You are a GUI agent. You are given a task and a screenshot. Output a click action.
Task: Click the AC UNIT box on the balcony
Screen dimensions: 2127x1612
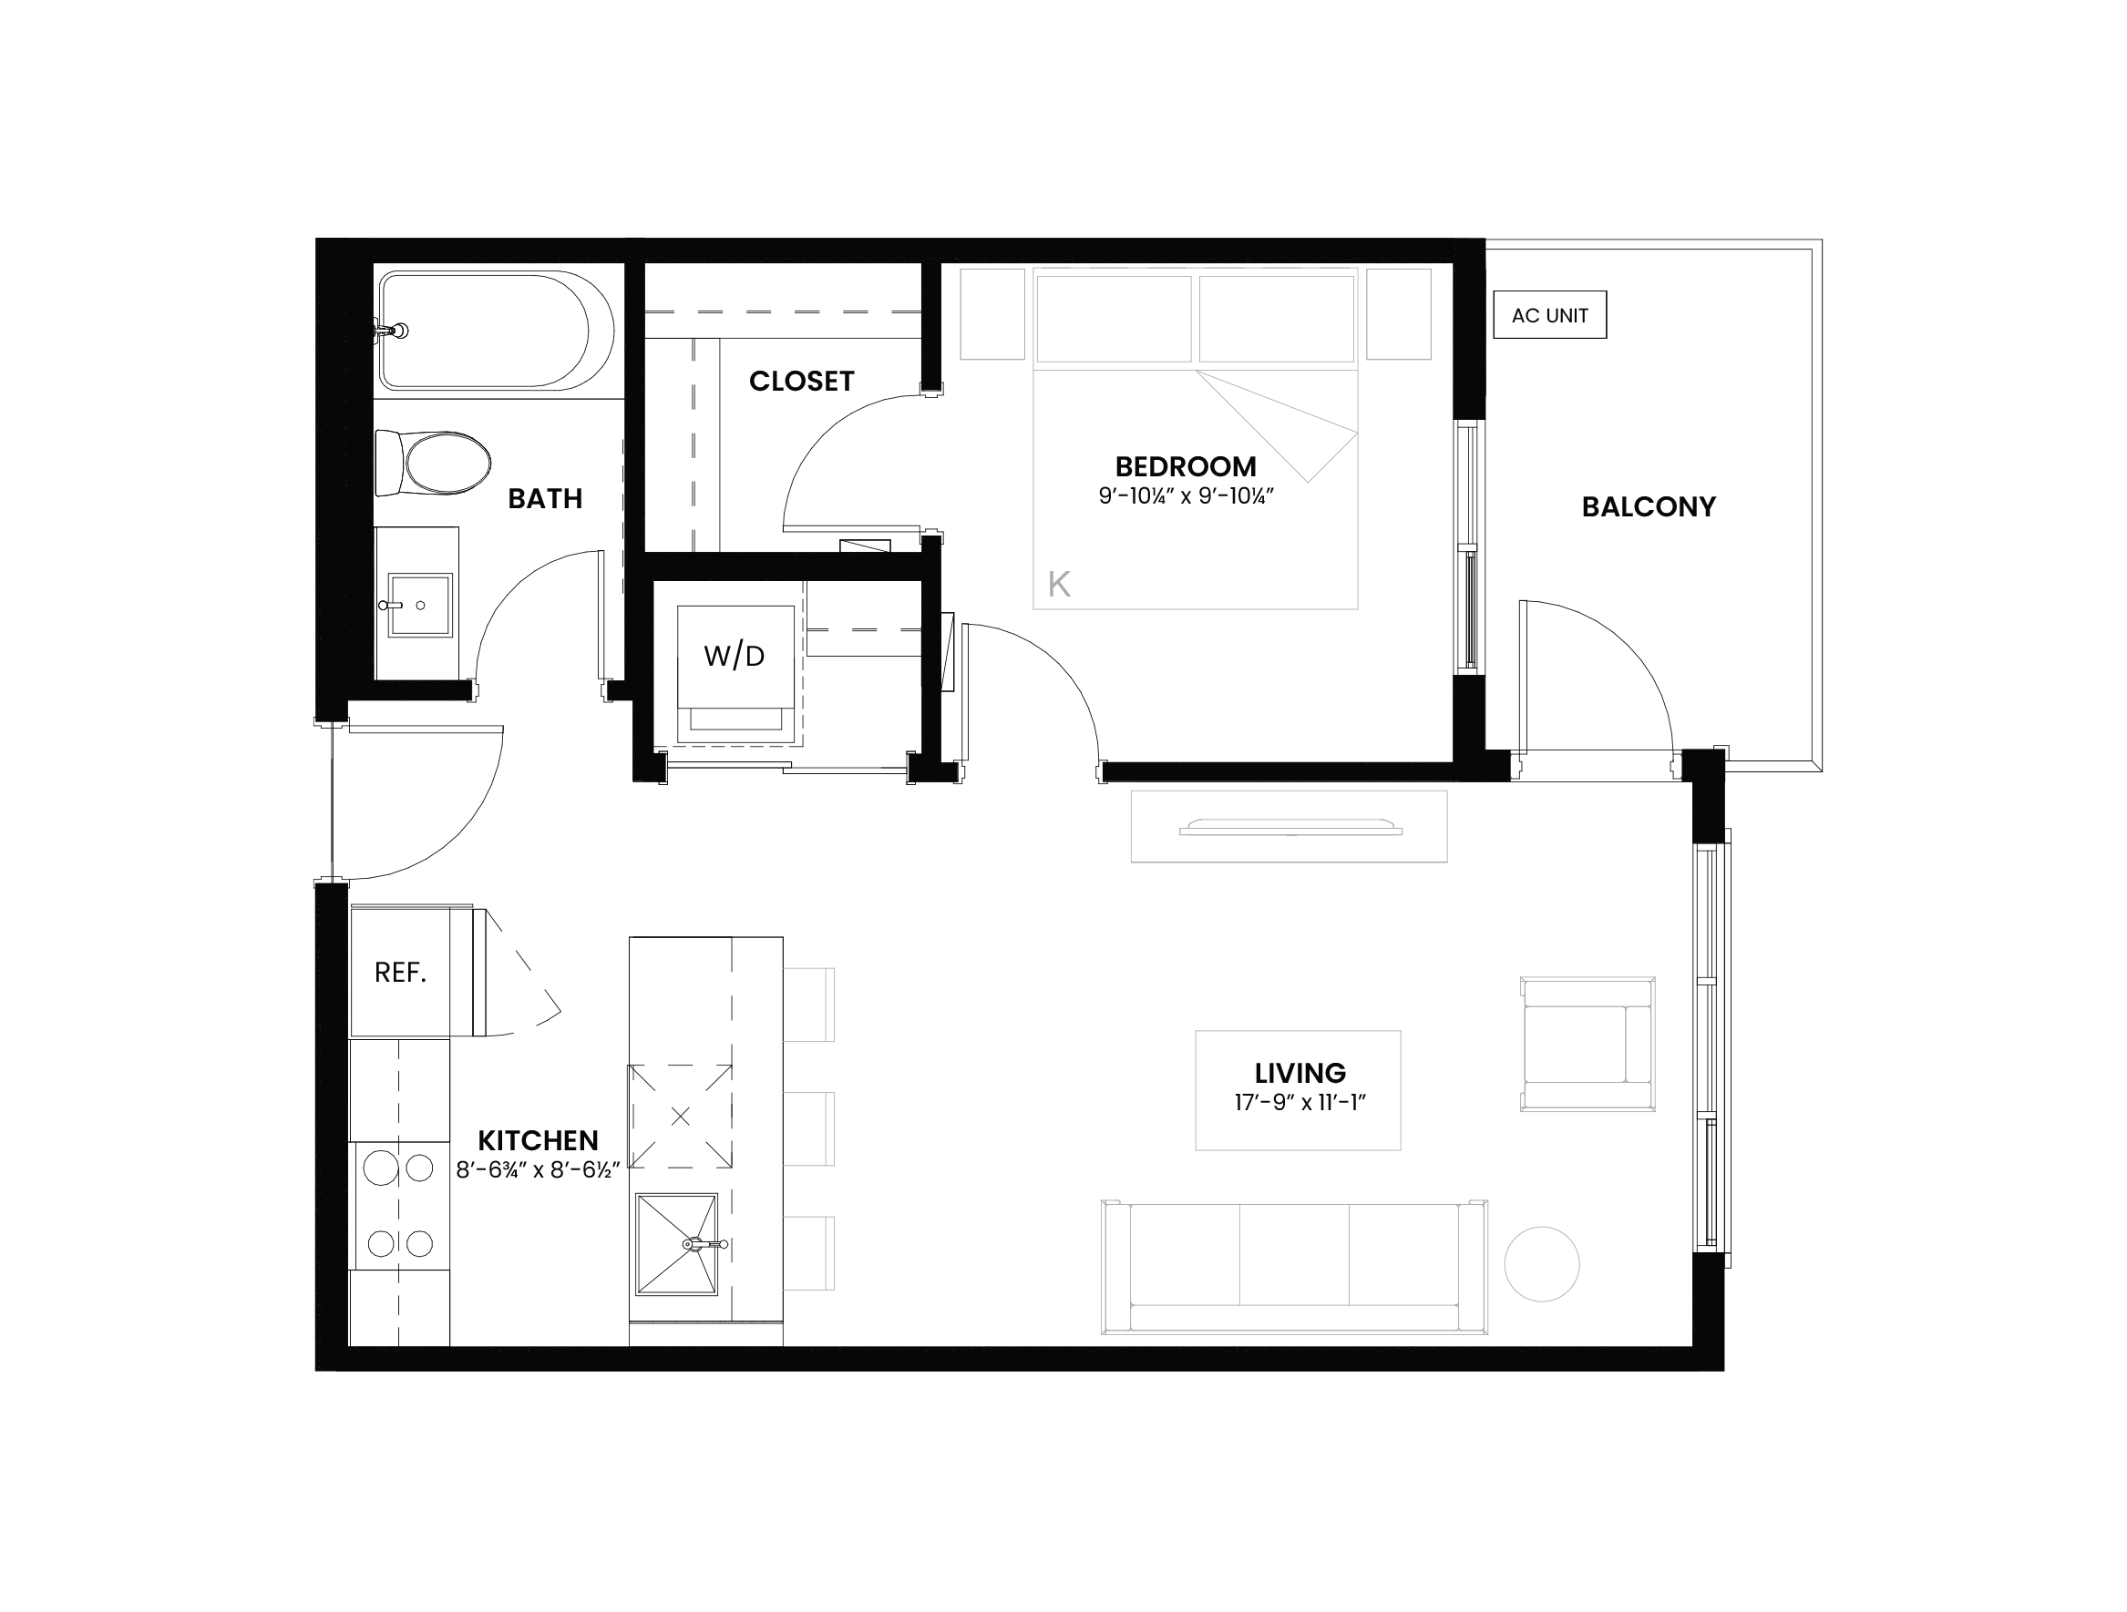pyautogui.click(x=1549, y=315)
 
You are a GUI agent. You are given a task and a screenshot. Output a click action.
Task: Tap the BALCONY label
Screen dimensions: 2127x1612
pyautogui.click(x=1649, y=506)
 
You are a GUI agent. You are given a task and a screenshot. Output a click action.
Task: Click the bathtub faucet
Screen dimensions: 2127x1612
pyautogui.click(x=393, y=331)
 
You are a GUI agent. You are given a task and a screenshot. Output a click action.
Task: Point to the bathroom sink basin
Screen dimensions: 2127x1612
pyautogui.click(x=420, y=606)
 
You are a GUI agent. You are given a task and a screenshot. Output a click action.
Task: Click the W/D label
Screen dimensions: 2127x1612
pyautogui.click(x=734, y=656)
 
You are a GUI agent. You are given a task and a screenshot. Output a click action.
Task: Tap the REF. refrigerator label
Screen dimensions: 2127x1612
pyautogui.click(x=400, y=973)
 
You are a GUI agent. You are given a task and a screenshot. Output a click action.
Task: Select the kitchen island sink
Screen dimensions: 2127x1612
pyautogui.click(x=677, y=1244)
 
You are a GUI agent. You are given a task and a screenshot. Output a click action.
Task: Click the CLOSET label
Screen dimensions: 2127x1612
pyautogui.click(x=801, y=382)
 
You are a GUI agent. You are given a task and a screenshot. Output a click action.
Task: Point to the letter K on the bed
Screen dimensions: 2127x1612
pyautogui.click(x=1059, y=584)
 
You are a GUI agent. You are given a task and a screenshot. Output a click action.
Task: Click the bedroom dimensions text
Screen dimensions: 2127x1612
pyautogui.click(x=1186, y=497)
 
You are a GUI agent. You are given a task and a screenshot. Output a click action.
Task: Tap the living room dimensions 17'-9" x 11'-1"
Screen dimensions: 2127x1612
pyautogui.click(x=1300, y=1103)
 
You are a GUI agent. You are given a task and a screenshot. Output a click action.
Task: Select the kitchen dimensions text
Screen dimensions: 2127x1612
pyautogui.click(x=538, y=1171)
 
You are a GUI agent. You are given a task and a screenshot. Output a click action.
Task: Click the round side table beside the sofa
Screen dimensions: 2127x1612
pyautogui.click(x=1541, y=1264)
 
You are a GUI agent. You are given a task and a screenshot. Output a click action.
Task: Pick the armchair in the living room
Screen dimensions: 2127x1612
pyautogui.click(x=1588, y=1045)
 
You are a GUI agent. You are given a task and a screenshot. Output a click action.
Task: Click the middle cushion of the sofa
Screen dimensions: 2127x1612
pyautogui.click(x=1294, y=1254)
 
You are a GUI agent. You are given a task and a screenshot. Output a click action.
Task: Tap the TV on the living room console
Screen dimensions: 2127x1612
pyautogui.click(x=1290, y=827)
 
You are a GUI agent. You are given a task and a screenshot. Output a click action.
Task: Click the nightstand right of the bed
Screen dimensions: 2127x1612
pyautogui.click(x=1399, y=314)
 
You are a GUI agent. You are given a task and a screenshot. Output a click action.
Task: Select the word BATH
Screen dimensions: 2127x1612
pyautogui.click(x=545, y=499)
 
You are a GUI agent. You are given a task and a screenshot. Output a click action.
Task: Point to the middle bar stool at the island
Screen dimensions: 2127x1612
pyautogui.click(x=808, y=1128)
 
